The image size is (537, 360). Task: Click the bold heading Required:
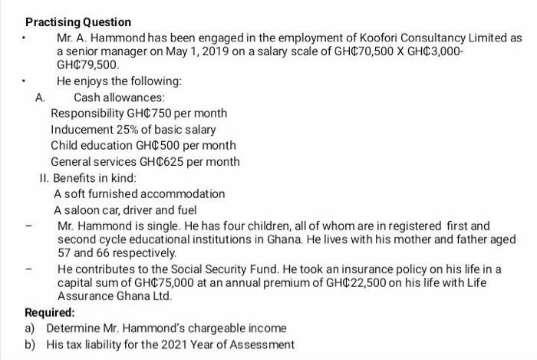point(50,312)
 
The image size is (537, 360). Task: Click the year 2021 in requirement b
point(177,345)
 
